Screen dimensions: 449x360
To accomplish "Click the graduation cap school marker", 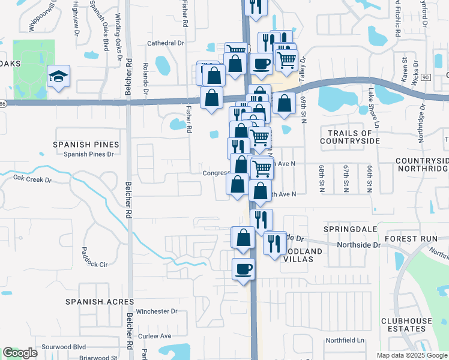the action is click(x=59, y=77).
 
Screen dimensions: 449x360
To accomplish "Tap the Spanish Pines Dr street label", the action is click(x=89, y=155).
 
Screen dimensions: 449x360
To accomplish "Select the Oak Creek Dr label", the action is click(x=33, y=178).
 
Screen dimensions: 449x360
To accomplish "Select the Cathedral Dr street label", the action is click(x=166, y=43).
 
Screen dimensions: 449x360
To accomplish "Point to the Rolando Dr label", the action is click(x=145, y=78).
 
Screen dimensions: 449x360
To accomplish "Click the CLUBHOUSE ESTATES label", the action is click(x=406, y=325).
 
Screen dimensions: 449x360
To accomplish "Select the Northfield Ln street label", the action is click(x=345, y=340).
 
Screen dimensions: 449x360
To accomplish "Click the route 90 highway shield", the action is click(x=426, y=77).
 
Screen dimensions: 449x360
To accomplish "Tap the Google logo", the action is click(x=20, y=353).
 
